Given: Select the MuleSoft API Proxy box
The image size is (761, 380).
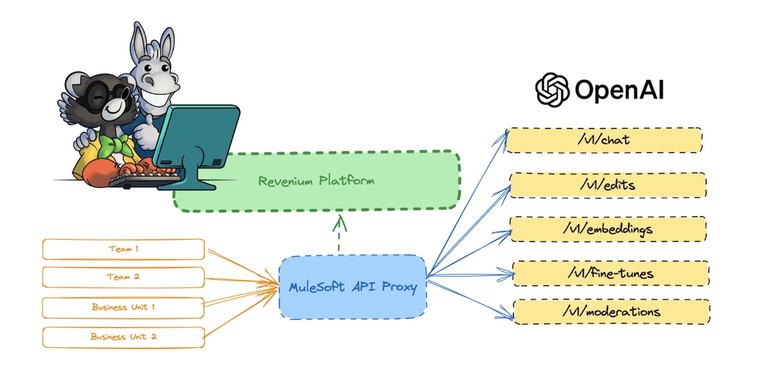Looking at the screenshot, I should point(353,287).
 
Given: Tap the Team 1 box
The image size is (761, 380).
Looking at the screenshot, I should point(124,249).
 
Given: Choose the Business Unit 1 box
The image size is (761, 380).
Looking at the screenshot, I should point(124,307).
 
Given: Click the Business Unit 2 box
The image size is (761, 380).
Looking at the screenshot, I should point(124,336).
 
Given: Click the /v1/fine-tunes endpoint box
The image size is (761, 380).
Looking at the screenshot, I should point(610,273).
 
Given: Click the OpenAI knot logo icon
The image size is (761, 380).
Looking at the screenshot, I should point(552,90).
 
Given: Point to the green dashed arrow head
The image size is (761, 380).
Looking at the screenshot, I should point(341,221).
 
